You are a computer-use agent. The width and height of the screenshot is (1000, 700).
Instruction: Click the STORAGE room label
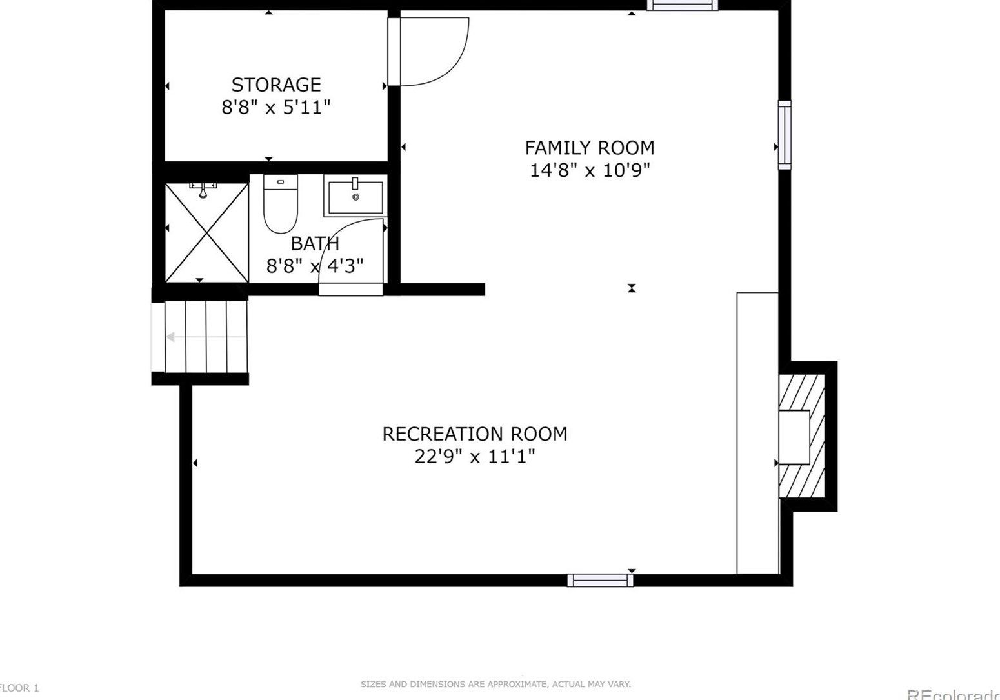276,85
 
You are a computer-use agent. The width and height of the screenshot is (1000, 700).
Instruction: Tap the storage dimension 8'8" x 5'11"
276,107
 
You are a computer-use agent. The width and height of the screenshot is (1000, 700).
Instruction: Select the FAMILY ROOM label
589,148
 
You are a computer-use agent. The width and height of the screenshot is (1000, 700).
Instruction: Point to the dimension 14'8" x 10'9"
589,170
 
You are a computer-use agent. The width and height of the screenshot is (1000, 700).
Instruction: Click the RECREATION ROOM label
475,434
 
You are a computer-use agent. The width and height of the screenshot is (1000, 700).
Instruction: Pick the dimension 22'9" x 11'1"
475,457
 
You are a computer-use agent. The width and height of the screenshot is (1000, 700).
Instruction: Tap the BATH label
315,243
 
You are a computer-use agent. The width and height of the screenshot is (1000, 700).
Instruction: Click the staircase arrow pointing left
172,337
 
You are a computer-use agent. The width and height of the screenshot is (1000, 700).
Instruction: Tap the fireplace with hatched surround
801,436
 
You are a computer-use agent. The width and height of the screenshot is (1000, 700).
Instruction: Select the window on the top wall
683,5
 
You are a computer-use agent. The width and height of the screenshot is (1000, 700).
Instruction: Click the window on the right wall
785,135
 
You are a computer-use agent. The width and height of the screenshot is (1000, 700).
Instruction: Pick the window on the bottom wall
600,580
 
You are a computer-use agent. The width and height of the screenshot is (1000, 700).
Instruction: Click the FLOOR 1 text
19,688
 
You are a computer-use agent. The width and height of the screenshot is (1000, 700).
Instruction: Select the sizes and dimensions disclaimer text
495,684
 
